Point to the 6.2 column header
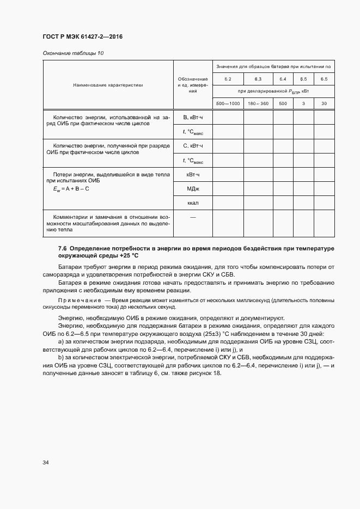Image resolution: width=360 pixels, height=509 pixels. (228, 79)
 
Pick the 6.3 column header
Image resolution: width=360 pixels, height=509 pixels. (258, 79)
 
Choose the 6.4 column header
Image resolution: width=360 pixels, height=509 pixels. (283, 79)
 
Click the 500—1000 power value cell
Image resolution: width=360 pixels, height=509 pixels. (228, 103)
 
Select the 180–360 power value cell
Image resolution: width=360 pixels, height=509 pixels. (258, 103)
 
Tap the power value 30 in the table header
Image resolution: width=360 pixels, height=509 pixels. (324, 103)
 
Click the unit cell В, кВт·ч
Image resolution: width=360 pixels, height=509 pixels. (193, 118)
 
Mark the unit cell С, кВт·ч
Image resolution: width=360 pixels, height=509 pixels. (193, 146)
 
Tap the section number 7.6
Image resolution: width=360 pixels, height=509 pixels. (63, 248)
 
